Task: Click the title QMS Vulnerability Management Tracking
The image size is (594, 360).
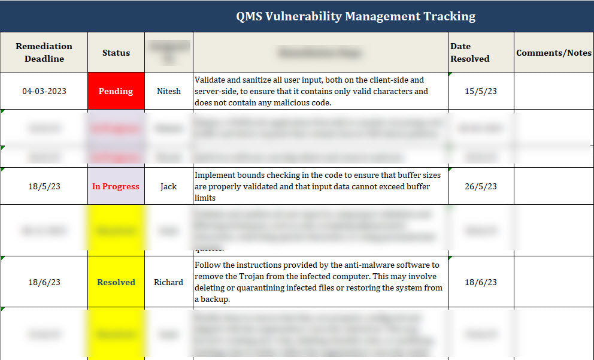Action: click(x=356, y=16)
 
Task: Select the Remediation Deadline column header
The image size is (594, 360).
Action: click(x=44, y=52)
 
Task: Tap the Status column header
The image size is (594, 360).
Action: click(x=116, y=53)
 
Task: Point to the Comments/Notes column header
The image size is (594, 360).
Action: click(x=554, y=53)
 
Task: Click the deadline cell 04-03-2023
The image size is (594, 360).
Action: click(x=44, y=91)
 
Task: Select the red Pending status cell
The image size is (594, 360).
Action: click(x=116, y=91)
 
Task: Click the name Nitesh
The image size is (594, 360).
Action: click(x=168, y=91)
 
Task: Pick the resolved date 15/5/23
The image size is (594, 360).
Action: click(x=481, y=91)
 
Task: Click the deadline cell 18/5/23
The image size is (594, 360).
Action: click(x=44, y=186)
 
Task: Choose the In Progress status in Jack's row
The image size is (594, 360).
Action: click(x=116, y=186)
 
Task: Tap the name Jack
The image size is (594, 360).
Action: click(x=168, y=186)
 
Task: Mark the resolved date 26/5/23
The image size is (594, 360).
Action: click(x=481, y=186)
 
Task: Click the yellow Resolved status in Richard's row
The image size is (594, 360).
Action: click(x=116, y=282)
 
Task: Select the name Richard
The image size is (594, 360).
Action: click(x=168, y=282)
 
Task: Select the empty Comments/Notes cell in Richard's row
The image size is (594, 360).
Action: click(x=554, y=282)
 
